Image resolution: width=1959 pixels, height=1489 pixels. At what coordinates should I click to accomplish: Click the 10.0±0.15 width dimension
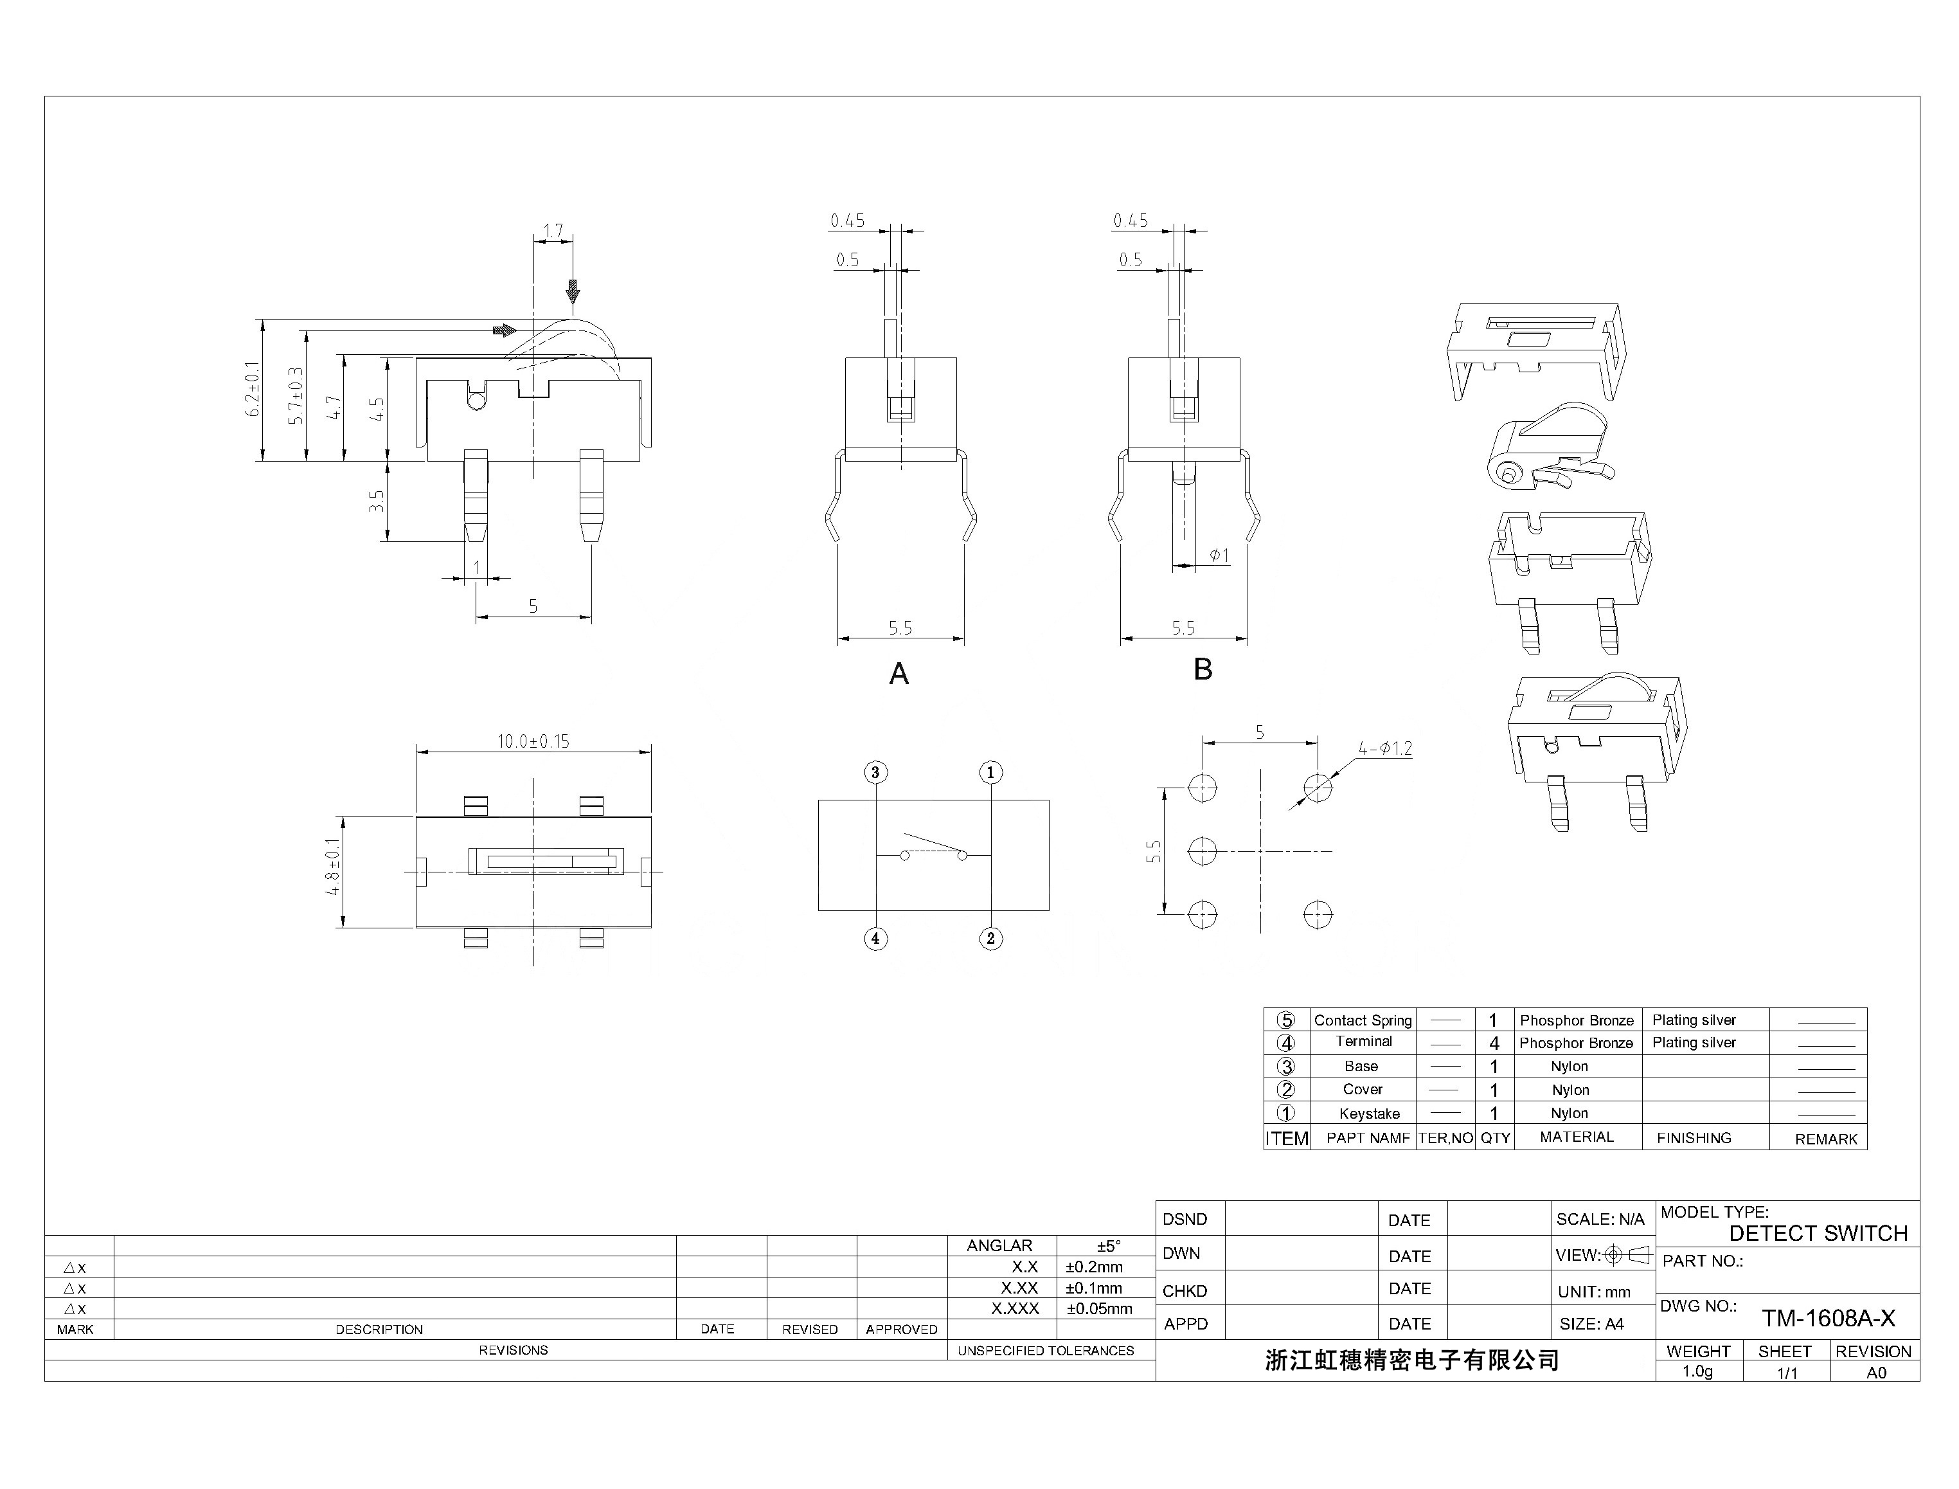point(533,741)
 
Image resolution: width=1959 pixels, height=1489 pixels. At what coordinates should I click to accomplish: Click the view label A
point(899,674)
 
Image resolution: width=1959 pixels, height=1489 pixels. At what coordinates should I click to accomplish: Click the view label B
point(1203,669)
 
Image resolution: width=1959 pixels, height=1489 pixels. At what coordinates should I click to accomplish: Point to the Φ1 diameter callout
point(1219,555)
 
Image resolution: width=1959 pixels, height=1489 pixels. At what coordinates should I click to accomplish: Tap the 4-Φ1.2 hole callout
point(1385,748)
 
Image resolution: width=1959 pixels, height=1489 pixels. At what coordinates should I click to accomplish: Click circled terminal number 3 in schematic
point(875,772)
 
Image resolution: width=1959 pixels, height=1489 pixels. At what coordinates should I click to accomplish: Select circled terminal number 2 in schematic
point(990,939)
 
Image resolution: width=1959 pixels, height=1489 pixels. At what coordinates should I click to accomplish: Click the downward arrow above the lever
point(573,291)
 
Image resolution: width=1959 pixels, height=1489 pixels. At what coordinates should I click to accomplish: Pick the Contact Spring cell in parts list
point(1363,1020)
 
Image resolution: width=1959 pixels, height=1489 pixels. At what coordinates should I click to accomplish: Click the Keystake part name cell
point(1369,1113)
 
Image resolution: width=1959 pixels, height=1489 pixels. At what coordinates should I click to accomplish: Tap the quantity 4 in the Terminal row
point(1494,1043)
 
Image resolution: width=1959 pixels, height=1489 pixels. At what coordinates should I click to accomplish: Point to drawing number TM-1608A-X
point(1828,1318)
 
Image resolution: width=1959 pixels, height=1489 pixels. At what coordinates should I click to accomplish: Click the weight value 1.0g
point(1697,1371)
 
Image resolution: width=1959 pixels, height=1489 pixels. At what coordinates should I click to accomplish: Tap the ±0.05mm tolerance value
point(1098,1308)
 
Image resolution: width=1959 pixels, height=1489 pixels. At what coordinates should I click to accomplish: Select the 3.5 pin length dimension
point(377,501)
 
